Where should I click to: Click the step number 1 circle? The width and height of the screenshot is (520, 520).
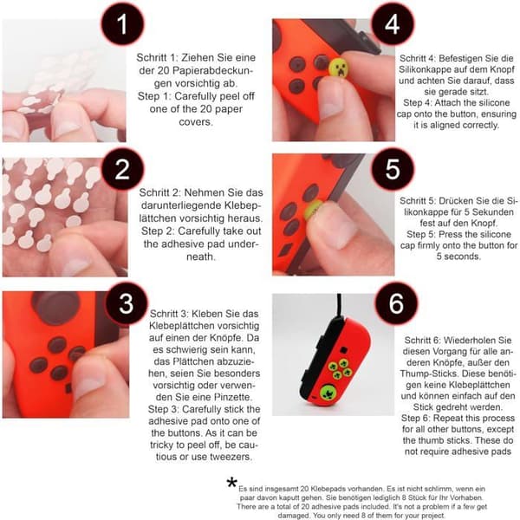(122, 24)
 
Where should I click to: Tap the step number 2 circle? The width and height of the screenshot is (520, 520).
(122, 169)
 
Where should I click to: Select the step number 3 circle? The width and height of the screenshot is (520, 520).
(127, 303)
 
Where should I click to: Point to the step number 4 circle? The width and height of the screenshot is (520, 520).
(393, 24)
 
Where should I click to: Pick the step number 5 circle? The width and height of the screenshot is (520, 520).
(393, 169)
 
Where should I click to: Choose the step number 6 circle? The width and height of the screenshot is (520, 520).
(396, 303)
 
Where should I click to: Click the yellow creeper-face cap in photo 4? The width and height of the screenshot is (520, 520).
(339, 68)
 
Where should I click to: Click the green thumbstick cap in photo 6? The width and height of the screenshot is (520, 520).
(328, 393)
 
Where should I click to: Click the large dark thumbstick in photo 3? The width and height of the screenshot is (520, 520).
(56, 308)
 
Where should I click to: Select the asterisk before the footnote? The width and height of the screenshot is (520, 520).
(232, 483)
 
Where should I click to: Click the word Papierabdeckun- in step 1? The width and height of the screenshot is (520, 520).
(212, 71)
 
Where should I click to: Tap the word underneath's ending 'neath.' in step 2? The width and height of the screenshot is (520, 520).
(201, 257)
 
